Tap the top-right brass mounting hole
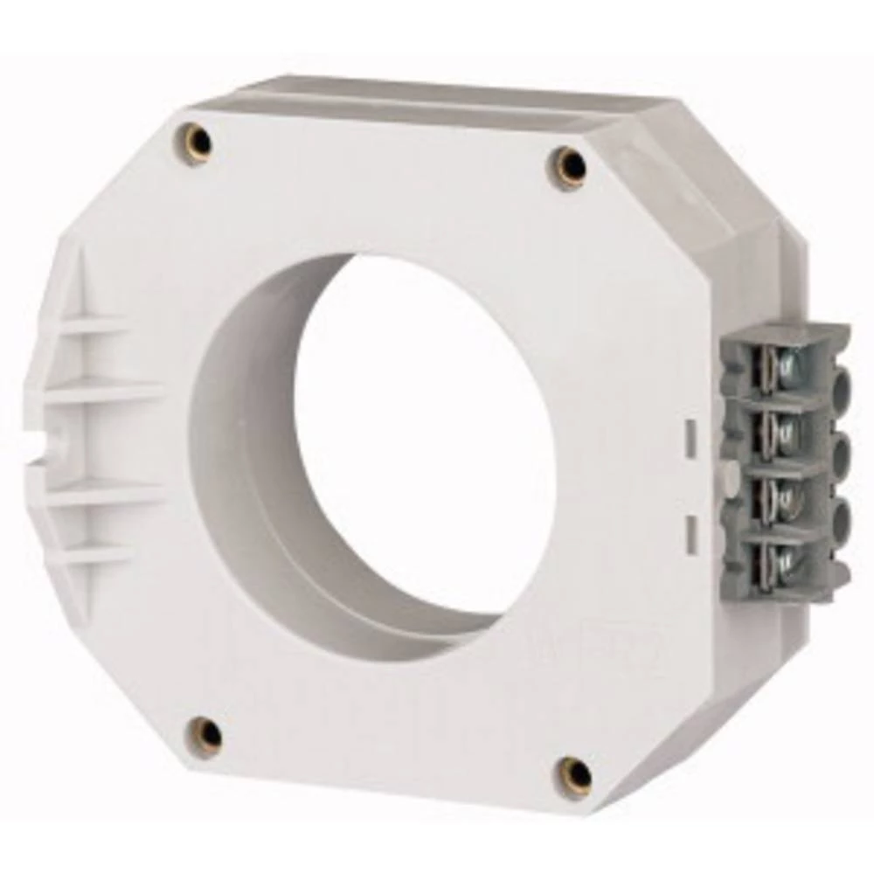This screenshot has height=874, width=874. pos(572,164)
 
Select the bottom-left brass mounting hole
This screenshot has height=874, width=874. pos(207,735)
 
